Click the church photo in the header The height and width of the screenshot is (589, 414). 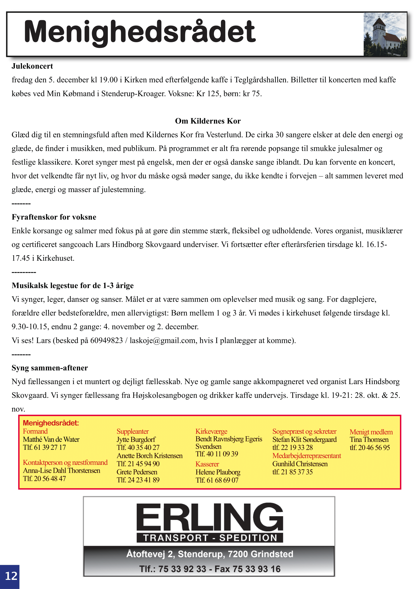(x=385, y=34)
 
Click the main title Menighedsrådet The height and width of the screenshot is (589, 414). (x=140, y=32)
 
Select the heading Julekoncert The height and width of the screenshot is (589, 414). (x=32, y=66)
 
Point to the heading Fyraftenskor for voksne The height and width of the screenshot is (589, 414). (x=54, y=217)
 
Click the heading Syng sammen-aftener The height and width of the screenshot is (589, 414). (x=50, y=368)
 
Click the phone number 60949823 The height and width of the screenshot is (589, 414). (x=106, y=340)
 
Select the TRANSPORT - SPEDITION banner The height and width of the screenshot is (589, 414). (x=210, y=538)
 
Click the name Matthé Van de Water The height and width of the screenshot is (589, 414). (x=51, y=439)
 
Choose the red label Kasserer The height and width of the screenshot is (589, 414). (x=207, y=464)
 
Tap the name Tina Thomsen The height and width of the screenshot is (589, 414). (x=369, y=439)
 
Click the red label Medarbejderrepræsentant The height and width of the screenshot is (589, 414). (x=307, y=456)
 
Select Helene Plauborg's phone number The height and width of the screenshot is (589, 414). (x=217, y=480)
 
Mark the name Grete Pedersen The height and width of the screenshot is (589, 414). (x=137, y=472)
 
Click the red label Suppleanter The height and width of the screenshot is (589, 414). (x=132, y=432)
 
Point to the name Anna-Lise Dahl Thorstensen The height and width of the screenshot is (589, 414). (x=61, y=471)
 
